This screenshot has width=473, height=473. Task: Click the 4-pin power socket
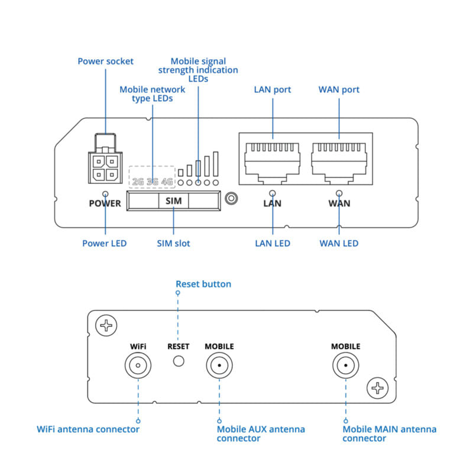[105, 167]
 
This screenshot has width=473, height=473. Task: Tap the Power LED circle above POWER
[105, 193]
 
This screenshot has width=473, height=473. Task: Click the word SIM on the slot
[174, 201]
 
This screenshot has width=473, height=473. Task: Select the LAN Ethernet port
[273, 158]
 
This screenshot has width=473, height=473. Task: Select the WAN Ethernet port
[339, 158]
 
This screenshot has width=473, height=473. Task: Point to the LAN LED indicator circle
[273, 193]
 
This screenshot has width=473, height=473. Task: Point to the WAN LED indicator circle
[339, 193]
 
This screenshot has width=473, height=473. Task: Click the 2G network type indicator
[138, 181]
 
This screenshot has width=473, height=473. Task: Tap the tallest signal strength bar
[216, 163]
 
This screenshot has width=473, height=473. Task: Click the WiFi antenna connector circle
[138, 366]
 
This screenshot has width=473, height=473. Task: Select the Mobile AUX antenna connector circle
[219, 366]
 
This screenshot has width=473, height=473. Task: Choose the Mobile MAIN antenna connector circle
[345, 366]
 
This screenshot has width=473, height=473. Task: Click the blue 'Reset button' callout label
[203, 284]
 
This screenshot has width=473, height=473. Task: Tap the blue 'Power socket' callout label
[106, 61]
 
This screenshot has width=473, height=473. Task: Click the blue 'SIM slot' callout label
[173, 243]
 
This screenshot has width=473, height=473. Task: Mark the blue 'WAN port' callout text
[339, 90]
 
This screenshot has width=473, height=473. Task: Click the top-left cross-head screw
[106, 325]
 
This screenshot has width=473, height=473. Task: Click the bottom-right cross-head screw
[377, 388]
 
